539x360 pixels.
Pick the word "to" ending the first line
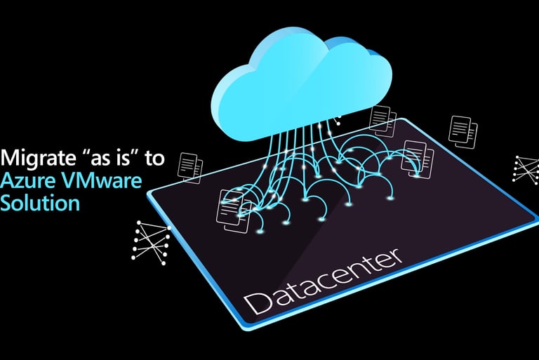click(154, 158)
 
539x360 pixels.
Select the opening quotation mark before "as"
click(76, 152)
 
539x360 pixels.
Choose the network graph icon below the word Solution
click(148, 239)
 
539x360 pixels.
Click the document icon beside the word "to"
click(190, 166)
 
